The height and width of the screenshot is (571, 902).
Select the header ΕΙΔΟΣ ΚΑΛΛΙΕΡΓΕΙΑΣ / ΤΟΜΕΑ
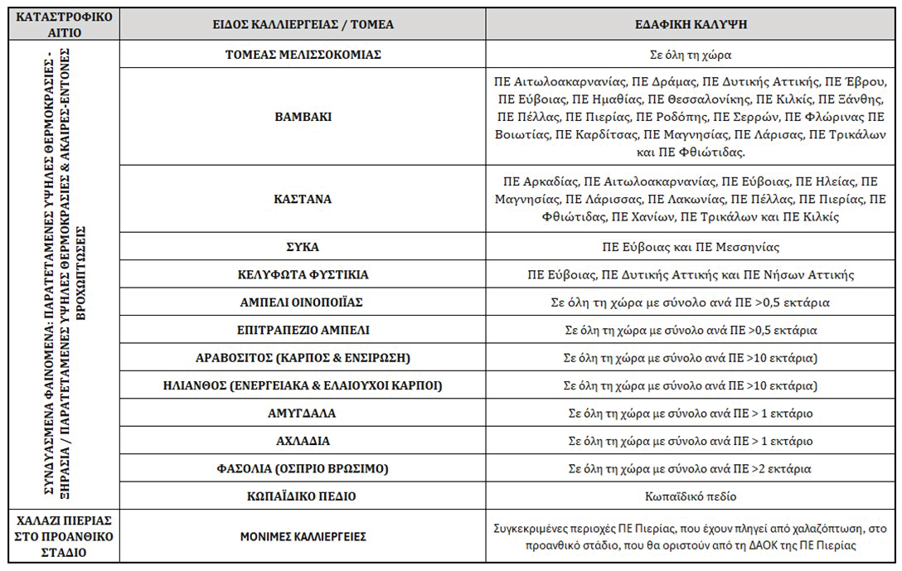click(303, 25)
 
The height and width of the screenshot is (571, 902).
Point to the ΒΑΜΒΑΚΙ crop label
click(303, 117)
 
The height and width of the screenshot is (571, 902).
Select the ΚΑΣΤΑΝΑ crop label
click(303, 199)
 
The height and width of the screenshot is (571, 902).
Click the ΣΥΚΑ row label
click(303, 247)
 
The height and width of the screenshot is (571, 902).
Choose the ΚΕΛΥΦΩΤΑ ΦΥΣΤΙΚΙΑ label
click(303, 274)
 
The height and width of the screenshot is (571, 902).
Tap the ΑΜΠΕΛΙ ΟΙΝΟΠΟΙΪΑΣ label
click(303, 302)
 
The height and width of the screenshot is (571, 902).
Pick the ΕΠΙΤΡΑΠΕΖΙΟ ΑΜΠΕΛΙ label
click(303, 330)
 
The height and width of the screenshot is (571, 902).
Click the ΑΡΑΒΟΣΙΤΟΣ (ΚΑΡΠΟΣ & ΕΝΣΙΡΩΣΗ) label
click(303, 358)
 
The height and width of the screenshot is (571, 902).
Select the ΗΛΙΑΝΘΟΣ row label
click(303, 386)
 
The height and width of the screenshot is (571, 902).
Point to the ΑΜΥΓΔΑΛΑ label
click(303, 414)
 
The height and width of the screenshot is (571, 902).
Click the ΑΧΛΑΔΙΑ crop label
click(303, 441)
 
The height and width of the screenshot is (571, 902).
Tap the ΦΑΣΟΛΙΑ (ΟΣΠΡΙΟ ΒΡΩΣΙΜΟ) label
click(303, 469)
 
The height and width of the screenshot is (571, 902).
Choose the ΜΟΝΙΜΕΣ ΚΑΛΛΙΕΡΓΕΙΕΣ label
click(303, 537)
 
